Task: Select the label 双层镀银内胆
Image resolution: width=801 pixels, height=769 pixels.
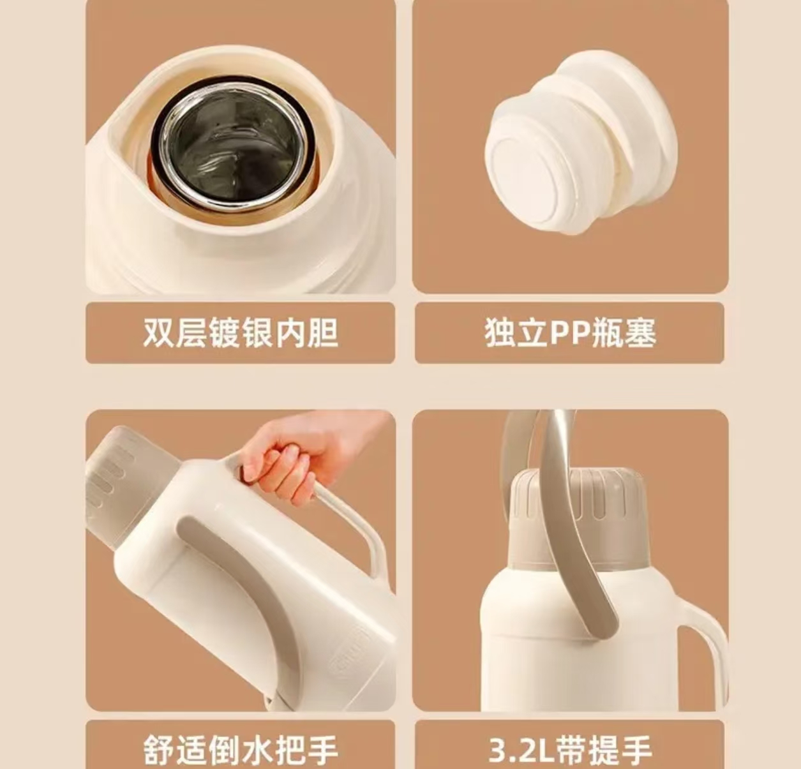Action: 241,332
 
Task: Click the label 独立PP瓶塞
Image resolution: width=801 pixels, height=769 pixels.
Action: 570,332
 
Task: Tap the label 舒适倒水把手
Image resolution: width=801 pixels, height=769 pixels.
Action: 241,750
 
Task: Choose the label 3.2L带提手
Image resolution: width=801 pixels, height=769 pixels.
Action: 570,750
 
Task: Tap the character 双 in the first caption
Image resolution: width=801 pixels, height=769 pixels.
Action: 158,332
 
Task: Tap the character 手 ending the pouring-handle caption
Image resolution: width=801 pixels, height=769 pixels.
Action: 323,750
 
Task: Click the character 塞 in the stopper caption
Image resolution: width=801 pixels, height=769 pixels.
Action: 641,332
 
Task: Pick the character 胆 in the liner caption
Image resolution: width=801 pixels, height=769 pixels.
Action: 323,332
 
